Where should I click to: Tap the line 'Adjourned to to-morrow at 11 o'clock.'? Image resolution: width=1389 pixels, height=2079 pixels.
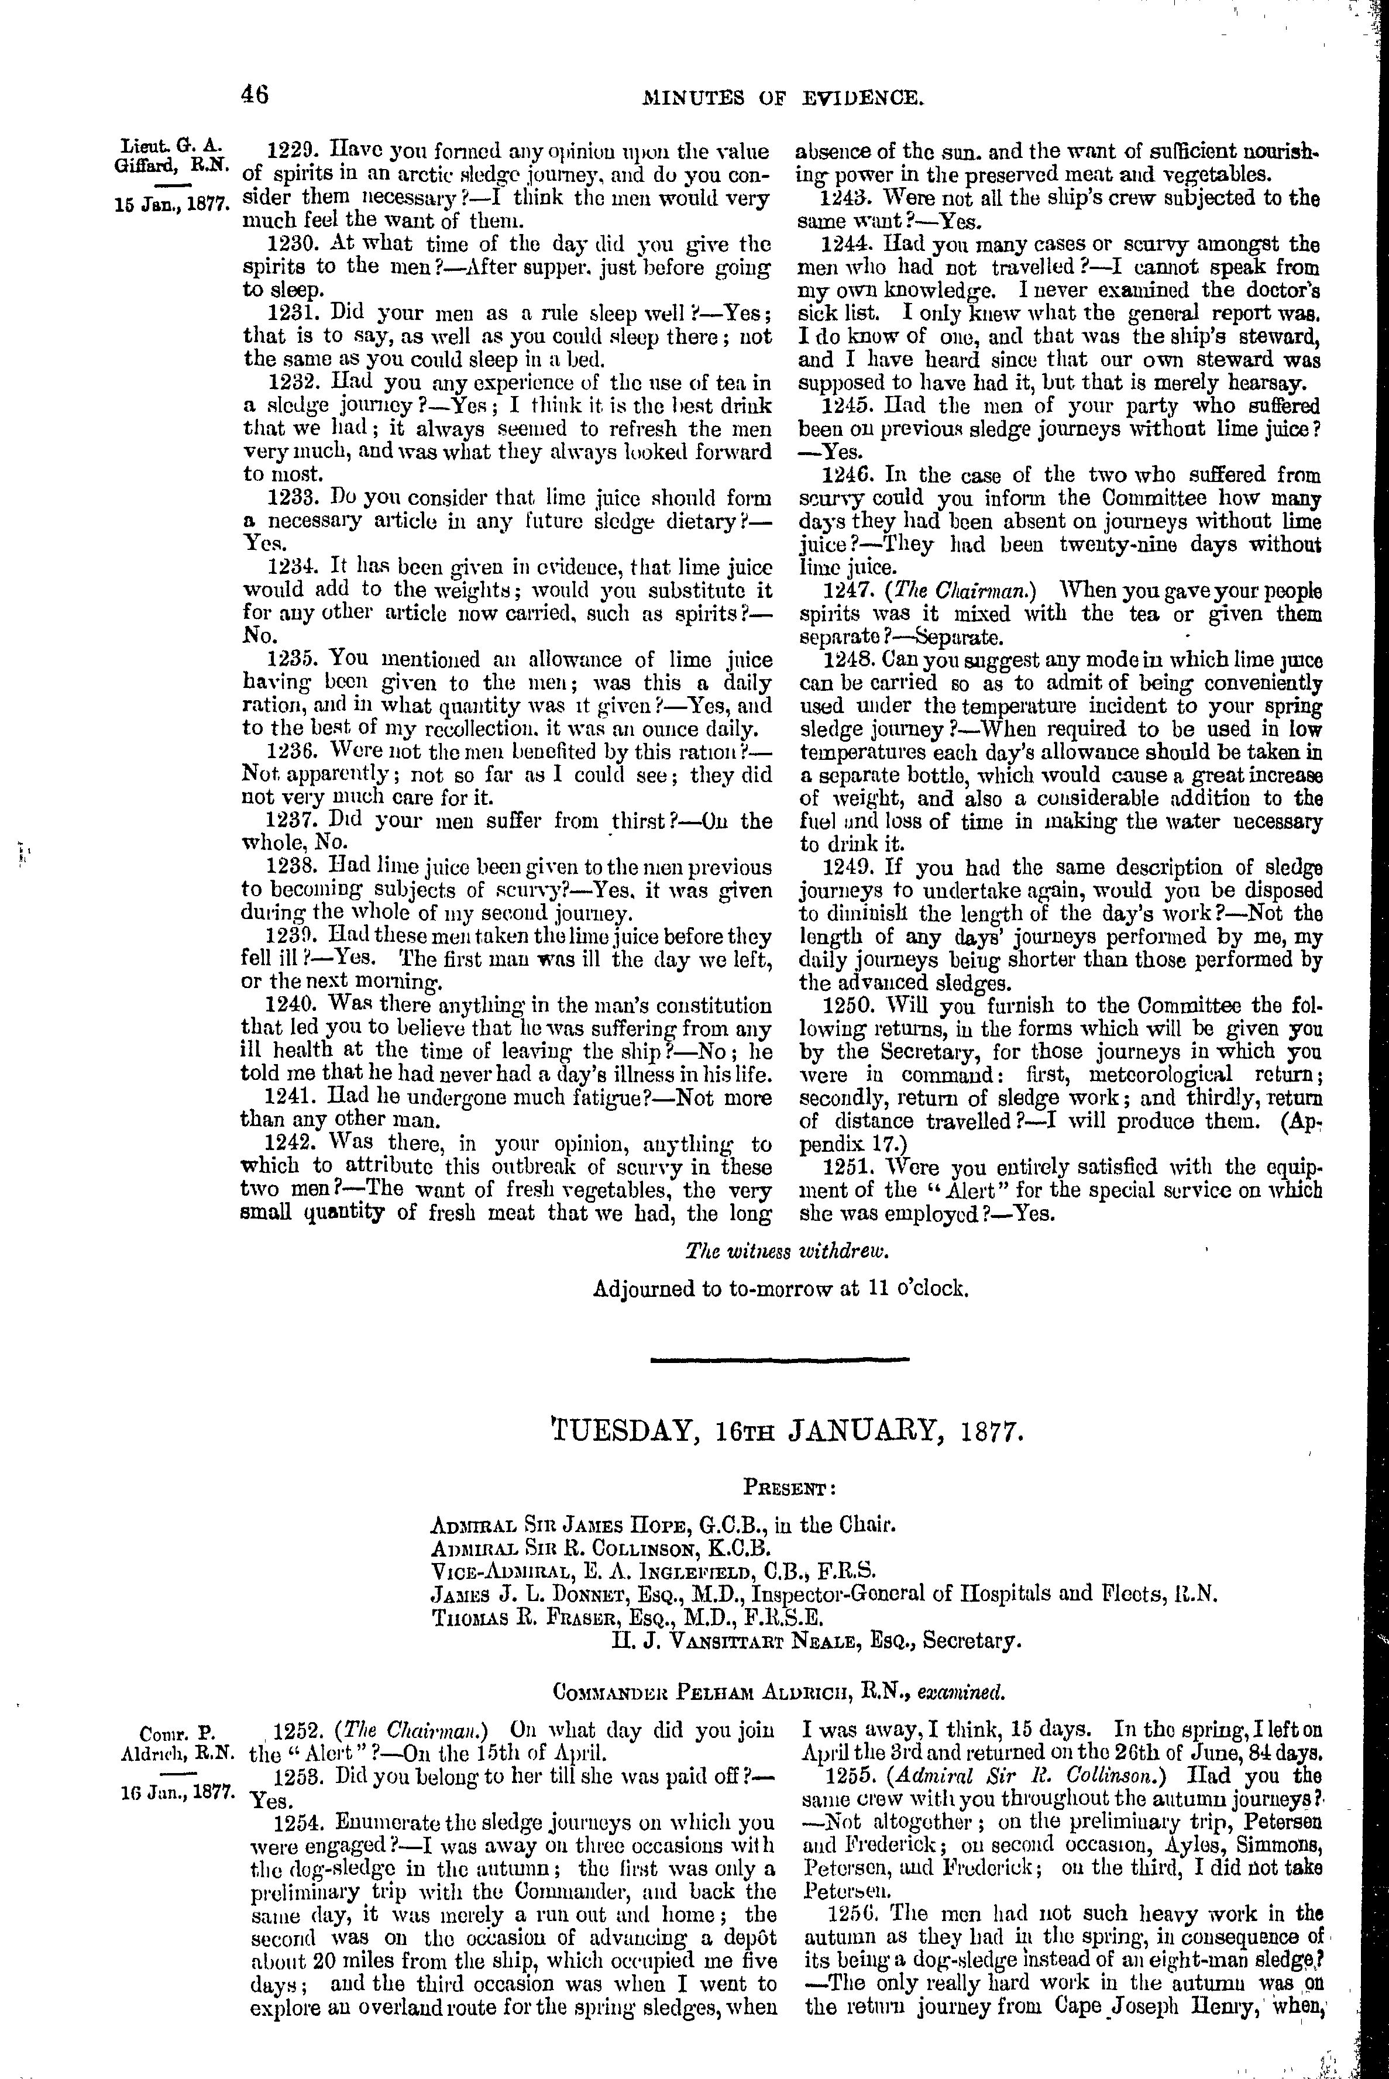(781, 1288)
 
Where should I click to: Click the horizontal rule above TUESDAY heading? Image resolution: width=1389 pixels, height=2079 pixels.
(779, 1359)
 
